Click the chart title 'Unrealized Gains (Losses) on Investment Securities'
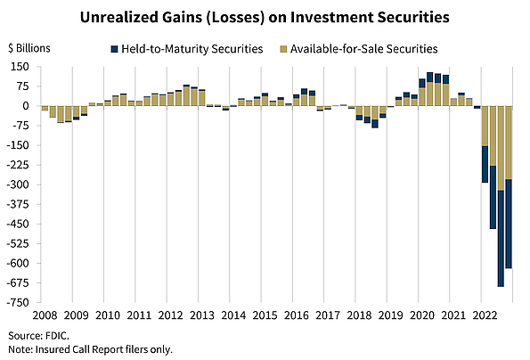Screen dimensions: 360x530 265,16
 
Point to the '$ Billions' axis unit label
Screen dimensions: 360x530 30,48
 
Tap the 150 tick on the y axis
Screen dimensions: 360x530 20,67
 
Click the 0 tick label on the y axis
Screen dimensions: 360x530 27,106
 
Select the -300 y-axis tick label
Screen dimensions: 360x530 19,184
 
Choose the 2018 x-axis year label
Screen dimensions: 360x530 359,315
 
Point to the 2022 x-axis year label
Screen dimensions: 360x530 485,315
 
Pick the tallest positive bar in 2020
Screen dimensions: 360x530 430,89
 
